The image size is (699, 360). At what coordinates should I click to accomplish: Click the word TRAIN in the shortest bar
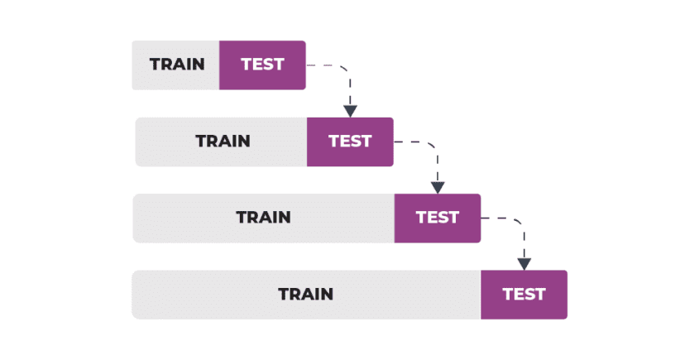[177, 65]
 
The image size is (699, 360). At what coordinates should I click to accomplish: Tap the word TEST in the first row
[262, 65]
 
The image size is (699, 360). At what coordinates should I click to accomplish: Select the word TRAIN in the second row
[223, 142]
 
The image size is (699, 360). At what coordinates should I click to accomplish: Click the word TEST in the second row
[350, 142]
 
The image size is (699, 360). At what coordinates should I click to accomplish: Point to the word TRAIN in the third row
[263, 218]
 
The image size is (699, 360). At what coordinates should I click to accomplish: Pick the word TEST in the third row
[437, 218]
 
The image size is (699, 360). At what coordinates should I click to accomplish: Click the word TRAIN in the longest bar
[305, 294]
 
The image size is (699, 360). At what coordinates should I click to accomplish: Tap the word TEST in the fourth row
[524, 294]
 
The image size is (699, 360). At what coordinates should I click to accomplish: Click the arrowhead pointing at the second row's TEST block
[350, 110]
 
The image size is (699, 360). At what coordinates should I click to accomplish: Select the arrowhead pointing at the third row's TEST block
[438, 187]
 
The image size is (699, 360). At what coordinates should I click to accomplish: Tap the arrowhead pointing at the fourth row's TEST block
[524, 263]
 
